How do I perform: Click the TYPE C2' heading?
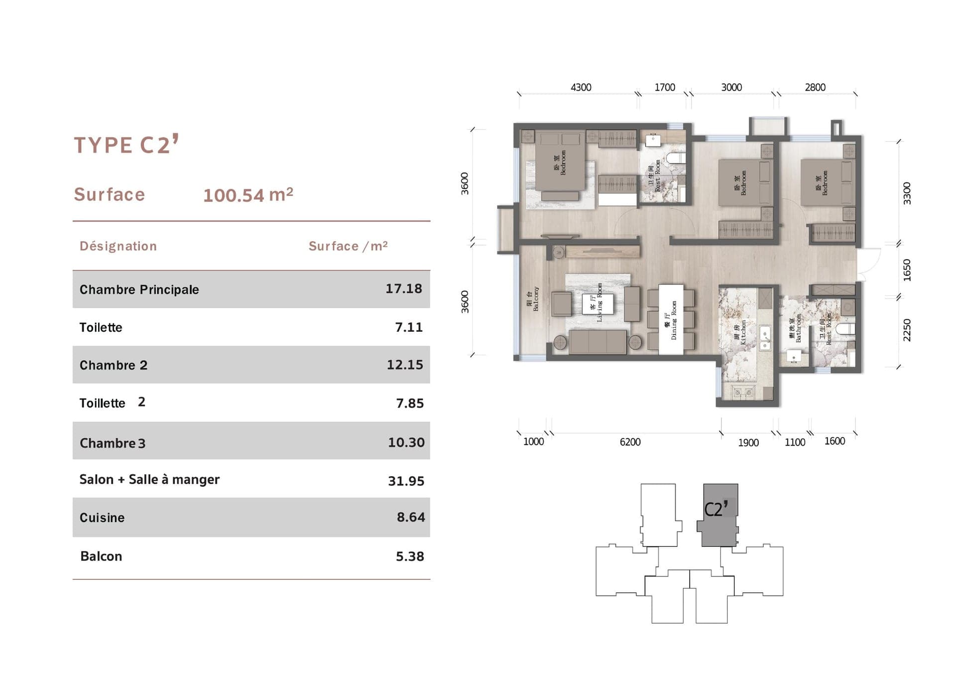pyautogui.click(x=126, y=145)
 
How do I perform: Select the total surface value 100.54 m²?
pyautogui.click(x=248, y=195)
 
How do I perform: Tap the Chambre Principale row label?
pyautogui.click(x=139, y=289)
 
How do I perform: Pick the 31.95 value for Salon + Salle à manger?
pyautogui.click(x=406, y=481)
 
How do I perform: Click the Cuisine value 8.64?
pyautogui.click(x=410, y=517)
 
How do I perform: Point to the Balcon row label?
pyautogui.click(x=101, y=556)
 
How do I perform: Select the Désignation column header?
pyautogui.click(x=118, y=246)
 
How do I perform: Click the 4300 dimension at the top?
pyautogui.click(x=581, y=88)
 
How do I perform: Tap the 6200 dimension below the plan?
pyautogui.click(x=630, y=442)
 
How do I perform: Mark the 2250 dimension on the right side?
pyautogui.click(x=907, y=330)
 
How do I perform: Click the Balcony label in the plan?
pyautogui.click(x=533, y=299)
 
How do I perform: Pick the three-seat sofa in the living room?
pyautogui.click(x=597, y=342)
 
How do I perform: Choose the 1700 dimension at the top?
pyautogui.click(x=664, y=88)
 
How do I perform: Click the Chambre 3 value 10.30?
pyautogui.click(x=406, y=442)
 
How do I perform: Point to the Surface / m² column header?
pyautogui.click(x=348, y=246)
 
